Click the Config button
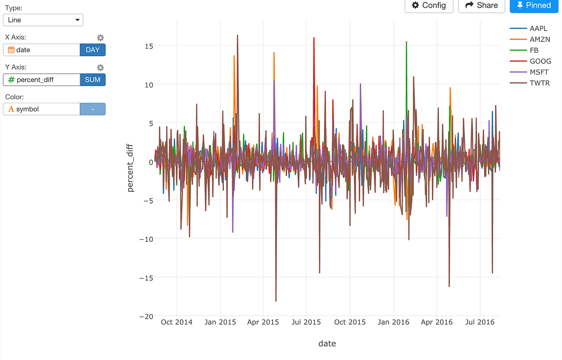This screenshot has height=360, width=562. [x=429, y=6]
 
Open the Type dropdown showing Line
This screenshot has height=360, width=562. [x=43, y=20]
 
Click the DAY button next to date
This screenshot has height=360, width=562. [x=92, y=50]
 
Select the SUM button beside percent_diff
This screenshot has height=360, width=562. [x=92, y=80]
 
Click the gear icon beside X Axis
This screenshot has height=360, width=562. [x=101, y=38]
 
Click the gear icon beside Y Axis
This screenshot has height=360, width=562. [x=101, y=67]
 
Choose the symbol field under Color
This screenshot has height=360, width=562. [x=41, y=109]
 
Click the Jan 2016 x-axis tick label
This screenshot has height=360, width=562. [x=394, y=322]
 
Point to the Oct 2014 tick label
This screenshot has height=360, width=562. [x=176, y=322]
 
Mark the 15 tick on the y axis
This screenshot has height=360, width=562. [x=148, y=46]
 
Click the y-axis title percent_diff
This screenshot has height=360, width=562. [x=130, y=168]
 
